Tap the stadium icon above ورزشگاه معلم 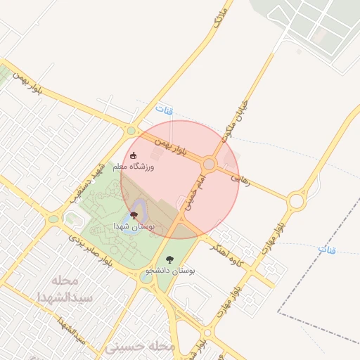tap(134, 155)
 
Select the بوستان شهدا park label tap(134, 226)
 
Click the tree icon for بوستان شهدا tap(134, 215)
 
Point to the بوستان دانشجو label tap(170, 270)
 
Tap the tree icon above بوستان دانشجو tap(169, 259)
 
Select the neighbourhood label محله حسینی tap(139, 347)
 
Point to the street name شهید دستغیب tap(89, 181)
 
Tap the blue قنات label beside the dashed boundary tap(327, 250)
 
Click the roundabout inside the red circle tap(208, 165)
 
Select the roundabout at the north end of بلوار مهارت tap(296, 202)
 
